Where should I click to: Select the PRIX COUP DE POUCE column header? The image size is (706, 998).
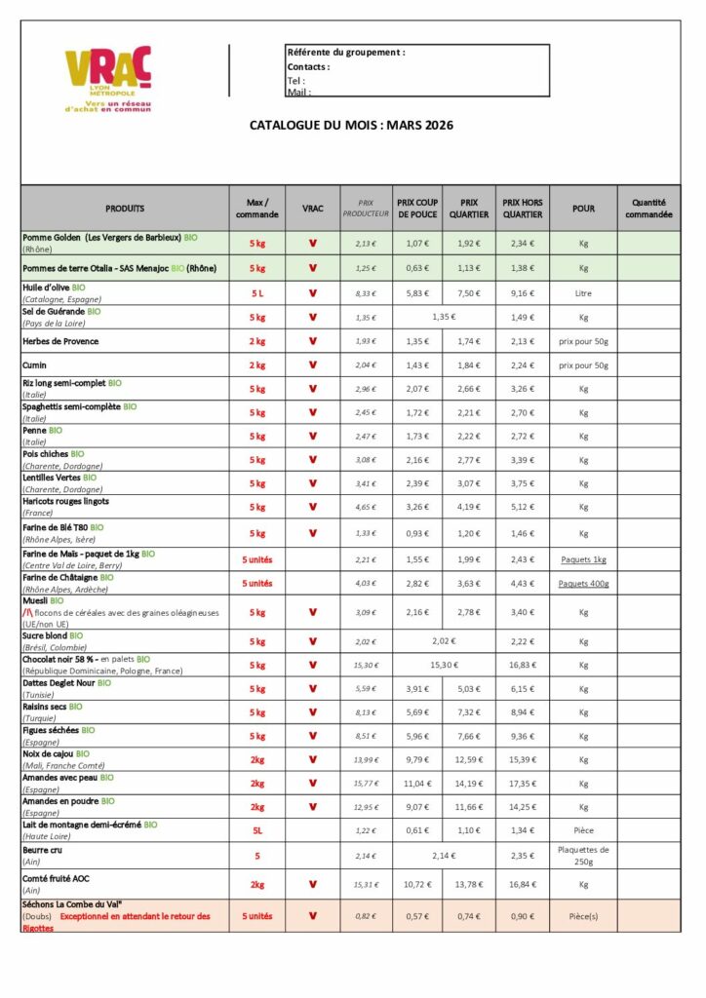click(416, 208)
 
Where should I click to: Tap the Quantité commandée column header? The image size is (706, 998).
click(648, 208)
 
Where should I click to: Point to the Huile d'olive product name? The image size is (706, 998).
click(49, 288)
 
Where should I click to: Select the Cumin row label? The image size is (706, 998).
click(36, 365)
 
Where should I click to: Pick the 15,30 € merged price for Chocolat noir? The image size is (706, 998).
click(443, 665)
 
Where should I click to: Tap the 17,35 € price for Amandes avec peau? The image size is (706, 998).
click(523, 784)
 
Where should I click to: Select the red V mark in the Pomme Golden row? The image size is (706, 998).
click(313, 244)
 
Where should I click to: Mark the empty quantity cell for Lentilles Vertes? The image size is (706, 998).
click(648, 483)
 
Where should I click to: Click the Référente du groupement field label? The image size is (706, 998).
click(346, 53)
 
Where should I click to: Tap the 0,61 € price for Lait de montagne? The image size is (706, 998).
click(416, 830)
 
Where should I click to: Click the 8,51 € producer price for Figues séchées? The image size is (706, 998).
click(366, 737)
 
